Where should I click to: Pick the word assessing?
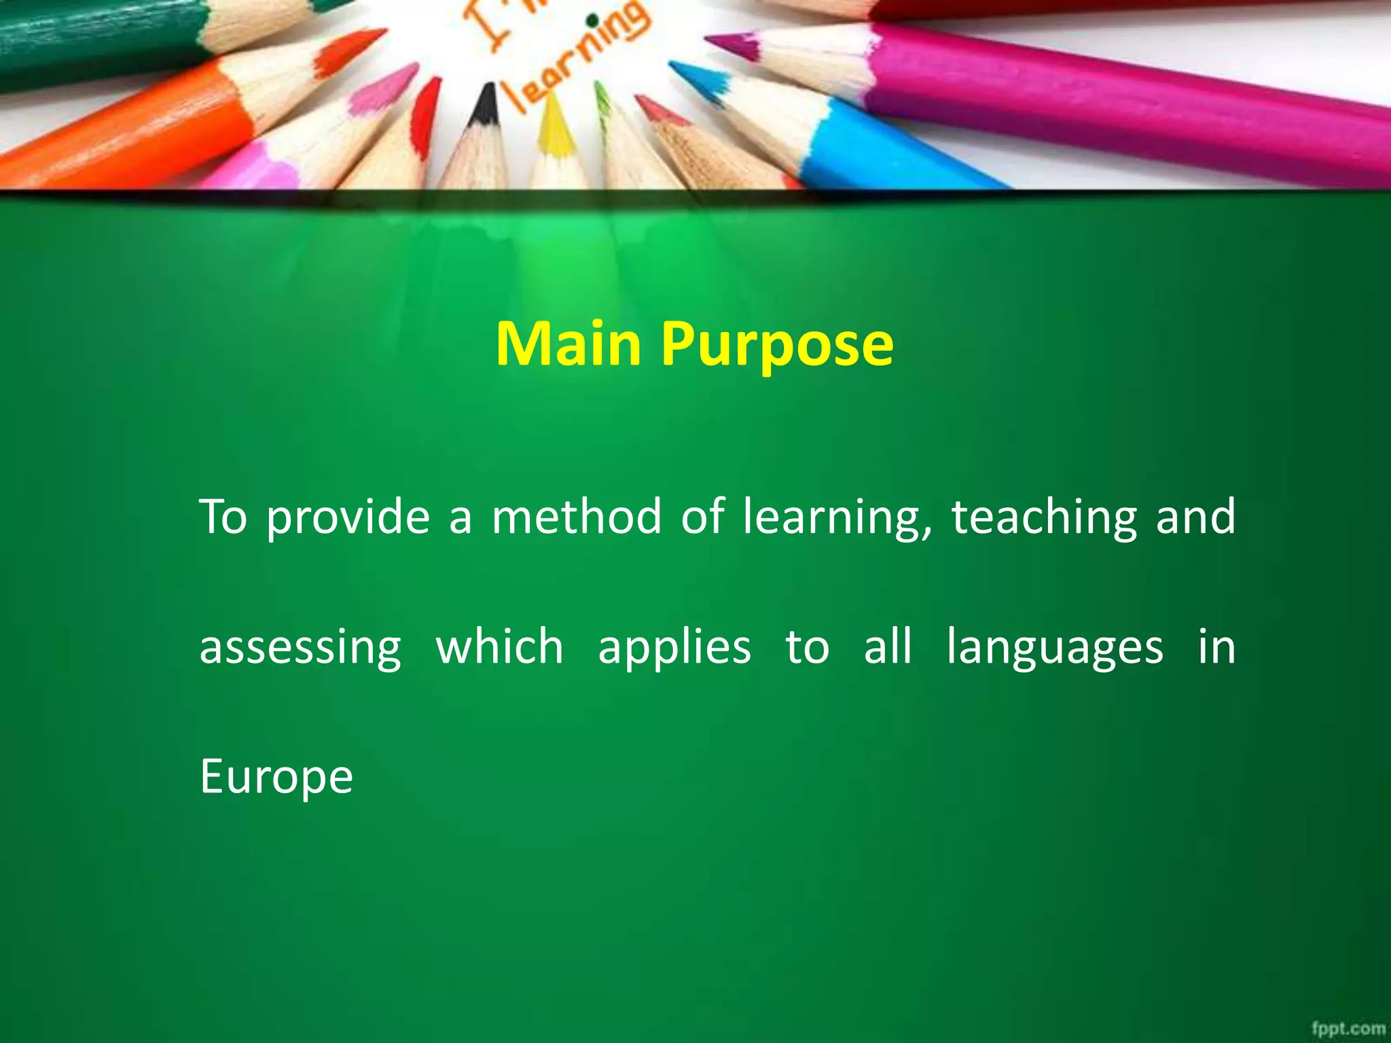point(300,648)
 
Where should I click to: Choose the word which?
point(499,646)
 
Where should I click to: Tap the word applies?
point(674,648)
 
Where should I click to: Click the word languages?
point(1055,648)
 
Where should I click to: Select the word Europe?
point(276,777)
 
